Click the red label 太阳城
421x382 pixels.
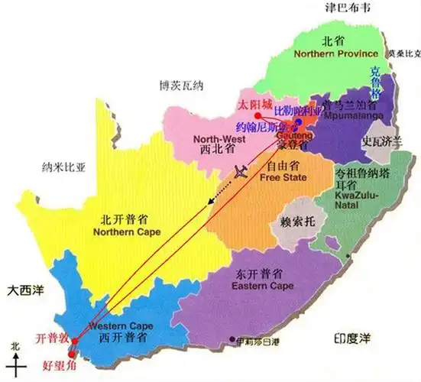pyautogui.click(x=255, y=103)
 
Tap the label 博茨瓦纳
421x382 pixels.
pyautogui.click(x=177, y=84)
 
